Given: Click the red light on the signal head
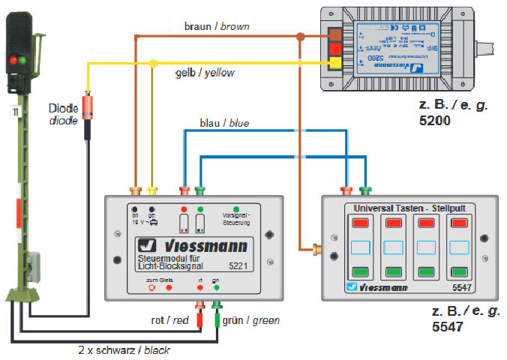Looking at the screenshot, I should click(13, 59).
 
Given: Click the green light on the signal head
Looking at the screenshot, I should click(23, 59).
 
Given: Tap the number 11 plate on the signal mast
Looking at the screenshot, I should click(14, 112).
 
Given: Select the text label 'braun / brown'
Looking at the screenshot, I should click(217, 26).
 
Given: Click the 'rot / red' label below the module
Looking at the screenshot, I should click(169, 320).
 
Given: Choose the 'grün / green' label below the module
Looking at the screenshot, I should click(250, 320).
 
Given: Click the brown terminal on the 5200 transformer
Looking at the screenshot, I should click(335, 35).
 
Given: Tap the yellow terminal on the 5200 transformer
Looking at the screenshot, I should click(335, 62).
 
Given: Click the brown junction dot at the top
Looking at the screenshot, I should click(299, 34).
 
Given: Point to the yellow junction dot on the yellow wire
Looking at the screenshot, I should click(154, 62).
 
